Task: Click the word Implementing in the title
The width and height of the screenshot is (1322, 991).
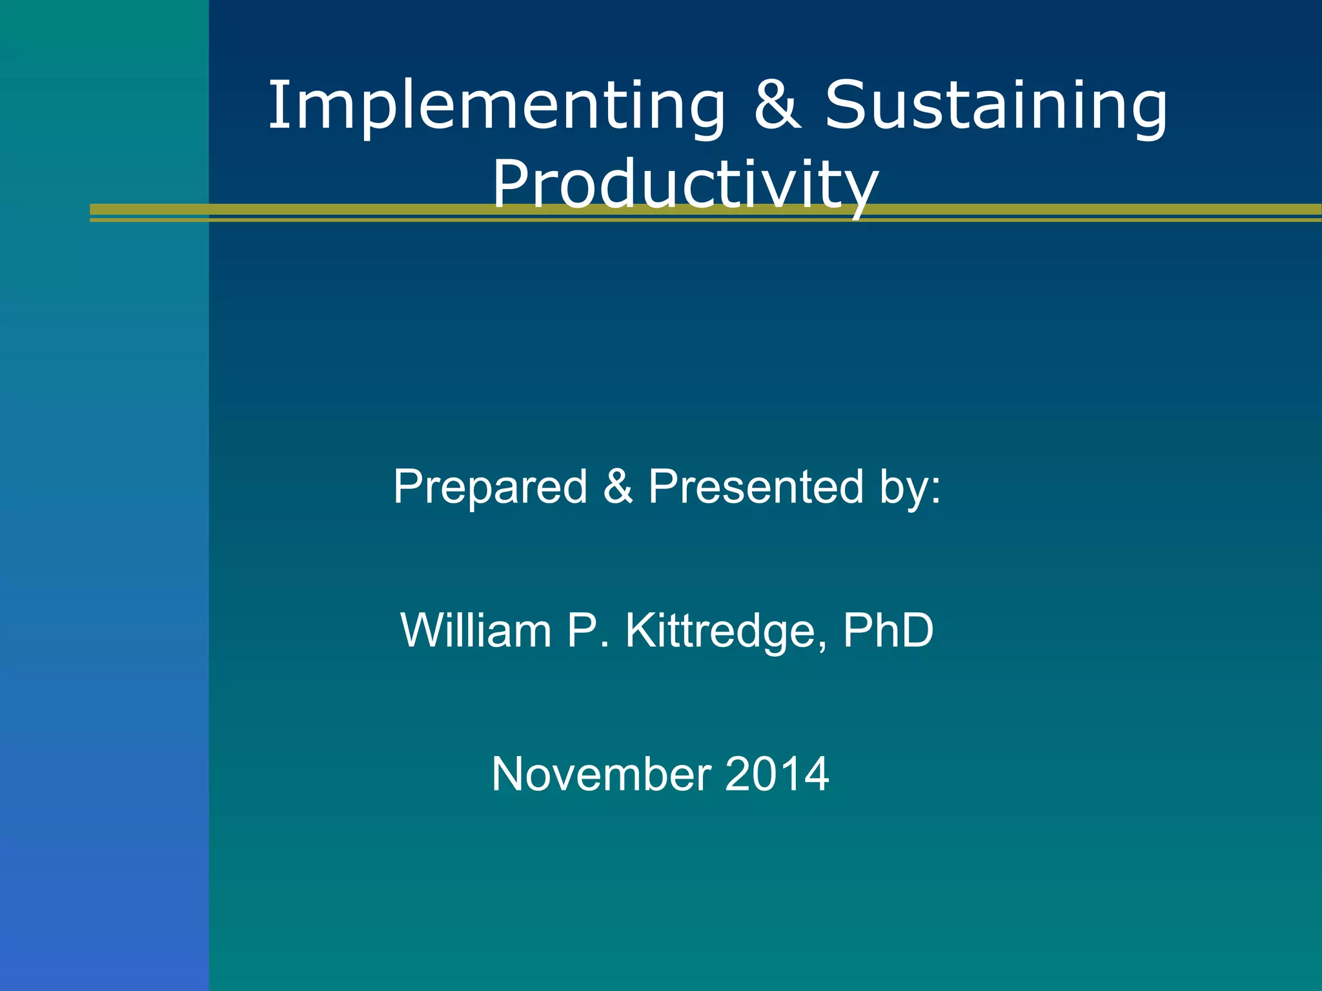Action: tap(497, 106)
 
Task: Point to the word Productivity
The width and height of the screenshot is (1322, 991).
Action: tap(685, 185)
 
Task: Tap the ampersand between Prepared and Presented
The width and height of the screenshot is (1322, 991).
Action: tap(618, 486)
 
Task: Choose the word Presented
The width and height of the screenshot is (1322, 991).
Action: tap(756, 486)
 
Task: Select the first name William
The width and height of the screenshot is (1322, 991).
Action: tap(476, 630)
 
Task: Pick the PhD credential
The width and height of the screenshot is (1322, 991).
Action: tap(888, 630)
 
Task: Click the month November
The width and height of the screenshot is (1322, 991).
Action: tap(601, 774)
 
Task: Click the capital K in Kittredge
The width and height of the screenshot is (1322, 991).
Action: tap(639, 630)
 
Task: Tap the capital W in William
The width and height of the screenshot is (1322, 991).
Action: tap(423, 630)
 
